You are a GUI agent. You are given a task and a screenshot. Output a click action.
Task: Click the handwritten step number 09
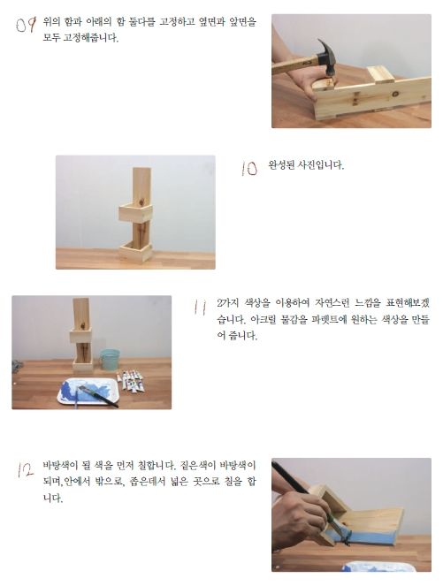pos(27,26)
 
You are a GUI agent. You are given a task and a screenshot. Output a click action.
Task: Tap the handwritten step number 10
pos(249,168)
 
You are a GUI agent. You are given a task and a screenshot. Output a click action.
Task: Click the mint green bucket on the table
pos(110,359)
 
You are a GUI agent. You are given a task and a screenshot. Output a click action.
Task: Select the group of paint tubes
pos(132,380)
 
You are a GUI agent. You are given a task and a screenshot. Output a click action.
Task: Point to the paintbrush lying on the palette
pos(99,395)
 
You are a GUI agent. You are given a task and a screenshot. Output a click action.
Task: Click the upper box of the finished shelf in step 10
pos(136,212)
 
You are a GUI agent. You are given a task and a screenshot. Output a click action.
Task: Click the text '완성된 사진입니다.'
pos(306,165)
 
